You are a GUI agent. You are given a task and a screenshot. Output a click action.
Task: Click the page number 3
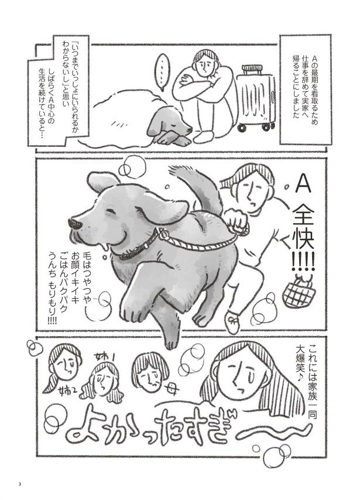19,484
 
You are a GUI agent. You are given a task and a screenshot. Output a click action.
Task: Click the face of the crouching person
205,64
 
